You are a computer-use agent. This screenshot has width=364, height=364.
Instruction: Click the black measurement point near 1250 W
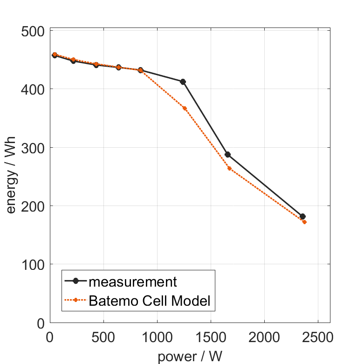(x=183, y=82)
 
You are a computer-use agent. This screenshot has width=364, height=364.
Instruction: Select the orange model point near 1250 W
(x=185, y=108)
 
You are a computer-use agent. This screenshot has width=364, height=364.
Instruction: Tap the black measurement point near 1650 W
(x=227, y=154)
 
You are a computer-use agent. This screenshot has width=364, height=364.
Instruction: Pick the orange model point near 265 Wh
(x=229, y=168)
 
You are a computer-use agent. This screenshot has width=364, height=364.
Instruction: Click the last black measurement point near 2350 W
(x=302, y=216)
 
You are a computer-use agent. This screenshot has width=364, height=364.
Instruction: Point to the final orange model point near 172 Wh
(x=304, y=222)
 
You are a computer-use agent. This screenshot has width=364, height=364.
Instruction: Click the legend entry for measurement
(x=133, y=282)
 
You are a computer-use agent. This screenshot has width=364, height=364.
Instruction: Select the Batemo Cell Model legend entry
(x=150, y=301)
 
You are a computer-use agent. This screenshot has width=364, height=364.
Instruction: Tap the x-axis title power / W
(x=190, y=357)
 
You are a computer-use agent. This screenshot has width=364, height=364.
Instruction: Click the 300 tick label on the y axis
(x=34, y=148)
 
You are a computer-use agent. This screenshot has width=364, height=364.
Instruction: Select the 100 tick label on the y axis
(x=34, y=265)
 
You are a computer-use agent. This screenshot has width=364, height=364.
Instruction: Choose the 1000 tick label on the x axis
(x=157, y=336)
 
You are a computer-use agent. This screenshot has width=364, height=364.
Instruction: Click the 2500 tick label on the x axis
(x=318, y=336)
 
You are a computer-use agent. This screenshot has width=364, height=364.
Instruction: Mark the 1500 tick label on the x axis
(x=211, y=336)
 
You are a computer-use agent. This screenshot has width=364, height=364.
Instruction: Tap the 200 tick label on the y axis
(x=34, y=206)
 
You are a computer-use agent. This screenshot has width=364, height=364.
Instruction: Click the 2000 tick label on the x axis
(x=264, y=336)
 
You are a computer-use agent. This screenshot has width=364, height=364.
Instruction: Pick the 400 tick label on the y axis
(x=34, y=89)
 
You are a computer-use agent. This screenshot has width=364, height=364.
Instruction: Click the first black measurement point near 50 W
(x=55, y=55)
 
